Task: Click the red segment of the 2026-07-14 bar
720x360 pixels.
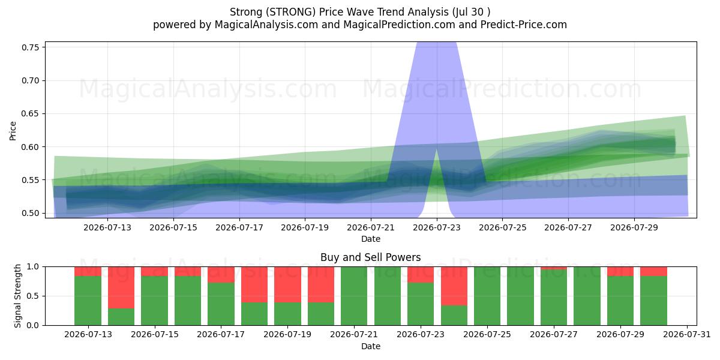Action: tap(121, 287)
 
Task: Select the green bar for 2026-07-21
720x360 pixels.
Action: tap(354, 296)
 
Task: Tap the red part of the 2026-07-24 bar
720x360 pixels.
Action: tap(454, 286)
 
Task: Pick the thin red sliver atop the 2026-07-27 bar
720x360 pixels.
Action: tap(554, 268)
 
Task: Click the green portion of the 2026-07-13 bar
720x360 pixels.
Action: tap(88, 301)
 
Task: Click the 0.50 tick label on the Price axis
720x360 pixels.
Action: tap(30, 213)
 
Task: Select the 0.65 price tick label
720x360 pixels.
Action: tap(30, 114)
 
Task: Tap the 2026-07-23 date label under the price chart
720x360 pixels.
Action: tap(437, 227)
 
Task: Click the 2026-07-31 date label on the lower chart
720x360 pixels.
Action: tap(687, 335)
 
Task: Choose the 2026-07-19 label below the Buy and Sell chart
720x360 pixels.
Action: tap(287, 335)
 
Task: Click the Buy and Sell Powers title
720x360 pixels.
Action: tap(371, 257)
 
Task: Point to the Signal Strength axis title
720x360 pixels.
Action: tap(17, 296)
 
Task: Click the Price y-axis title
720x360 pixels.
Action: tap(13, 131)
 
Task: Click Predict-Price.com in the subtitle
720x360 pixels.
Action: tap(524, 25)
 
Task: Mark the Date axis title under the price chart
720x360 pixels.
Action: tap(371, 239)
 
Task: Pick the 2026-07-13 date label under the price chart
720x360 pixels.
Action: tap(107, 227)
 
